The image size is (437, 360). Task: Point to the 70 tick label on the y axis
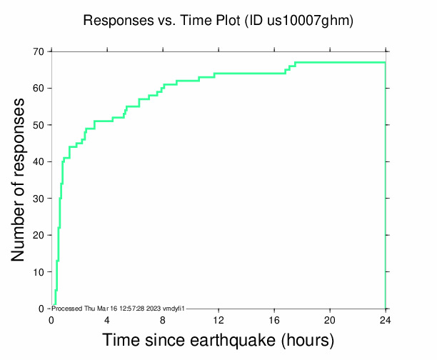tap(37, 51)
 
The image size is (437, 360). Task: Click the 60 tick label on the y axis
tap(37, 88)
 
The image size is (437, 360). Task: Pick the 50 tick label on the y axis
tap(37, 125)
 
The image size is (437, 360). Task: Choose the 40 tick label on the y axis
tap(37, 161)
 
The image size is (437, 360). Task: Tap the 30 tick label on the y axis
tap(37, 198)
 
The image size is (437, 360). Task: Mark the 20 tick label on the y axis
tap(37, 235)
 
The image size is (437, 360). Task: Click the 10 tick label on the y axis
tap(37, 271)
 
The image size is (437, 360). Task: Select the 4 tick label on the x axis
tap(107, 319)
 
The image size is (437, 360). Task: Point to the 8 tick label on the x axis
tap(163, 319)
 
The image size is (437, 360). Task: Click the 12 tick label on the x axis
tap(218, 319)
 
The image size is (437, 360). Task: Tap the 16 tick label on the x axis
tap(274, 319)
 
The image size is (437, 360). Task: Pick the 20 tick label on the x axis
tap(330, 319)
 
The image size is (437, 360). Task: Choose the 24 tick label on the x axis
tap(386, 319)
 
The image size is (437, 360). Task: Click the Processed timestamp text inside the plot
tap(119, 308)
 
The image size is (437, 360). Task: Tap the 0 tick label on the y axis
tap(41, 309)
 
